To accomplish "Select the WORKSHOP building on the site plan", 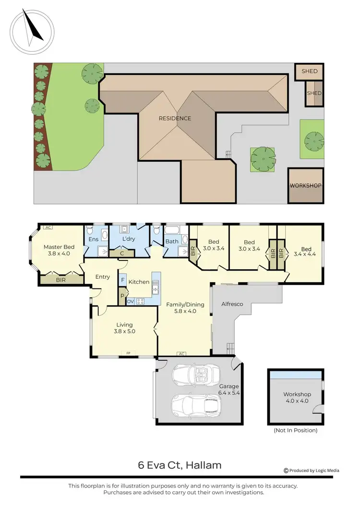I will (305, 185).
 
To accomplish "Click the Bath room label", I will (172, 241).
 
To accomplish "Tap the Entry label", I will (103, 277).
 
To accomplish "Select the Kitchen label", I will (139, 282).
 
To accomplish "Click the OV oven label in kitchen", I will (130, 301).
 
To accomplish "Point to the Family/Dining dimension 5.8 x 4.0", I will (185, 311).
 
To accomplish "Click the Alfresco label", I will (232, 304).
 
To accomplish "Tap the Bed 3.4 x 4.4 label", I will (306, 252).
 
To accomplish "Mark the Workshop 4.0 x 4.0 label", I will (297, 397).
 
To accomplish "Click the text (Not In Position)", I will (295, 430).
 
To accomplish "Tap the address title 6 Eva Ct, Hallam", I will (180, 465).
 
